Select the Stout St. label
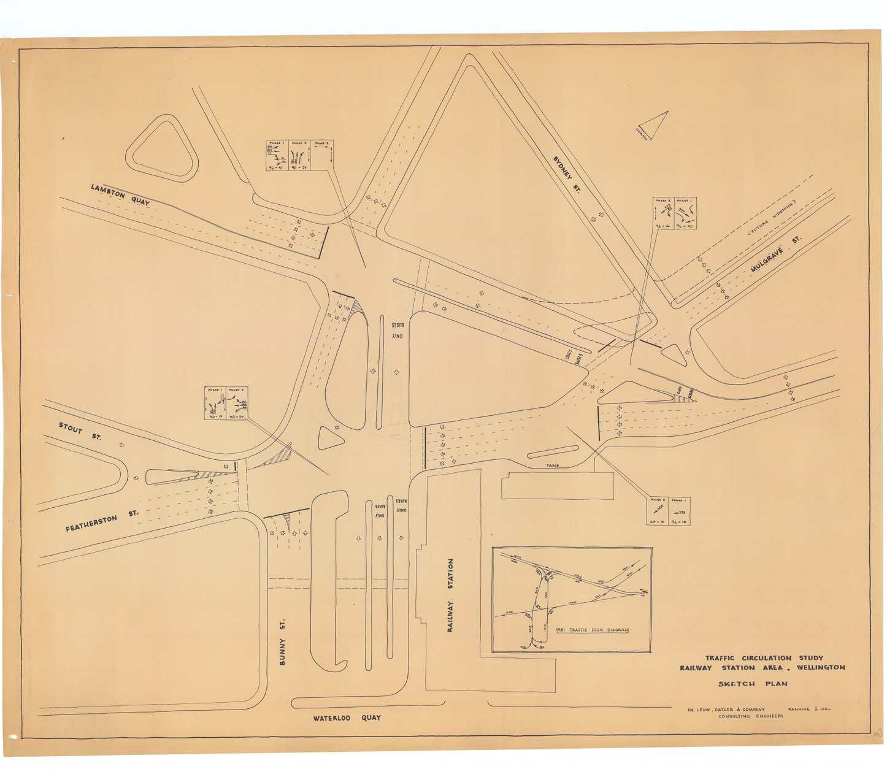click(x=80, y=431)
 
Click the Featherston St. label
click(x=101, y=521)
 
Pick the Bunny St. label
click(x=283, y=641)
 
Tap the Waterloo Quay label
click(x=347, y=718)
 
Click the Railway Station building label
click(x=451, y=594)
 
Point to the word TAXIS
click(x=552, y=465)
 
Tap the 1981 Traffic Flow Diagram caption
click(x=592, y=630)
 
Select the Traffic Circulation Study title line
click(x=764, y=658)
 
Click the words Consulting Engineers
click(x=751, y=716)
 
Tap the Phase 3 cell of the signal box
click(x=322, y=156)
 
